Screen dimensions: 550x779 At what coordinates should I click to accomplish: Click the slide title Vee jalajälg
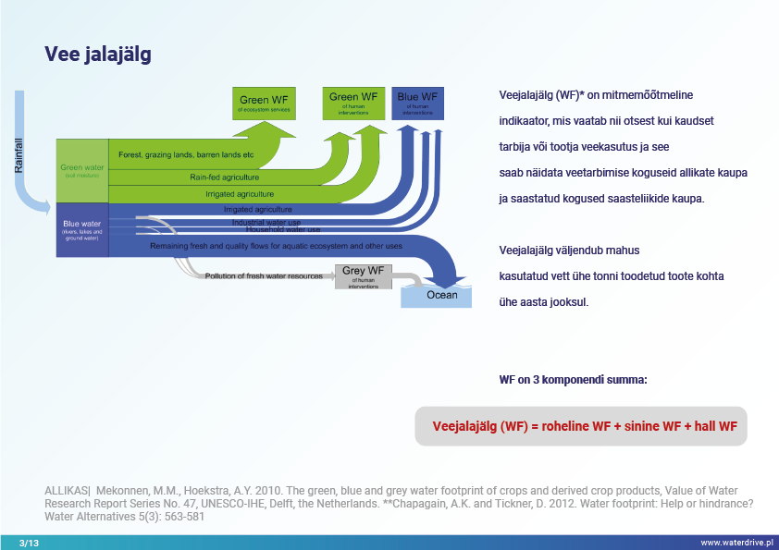[x=98, y=55]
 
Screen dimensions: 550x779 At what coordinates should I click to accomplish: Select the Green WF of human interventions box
[x=354, y=102]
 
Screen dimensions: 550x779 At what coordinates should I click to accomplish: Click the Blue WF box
[x=417, y=102]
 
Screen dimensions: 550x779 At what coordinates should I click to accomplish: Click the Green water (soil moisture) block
[x=81, y=171]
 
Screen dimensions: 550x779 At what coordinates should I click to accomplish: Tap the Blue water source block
[x=81, y=230]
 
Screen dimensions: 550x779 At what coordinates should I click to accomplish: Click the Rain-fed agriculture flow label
[x=225, y=177]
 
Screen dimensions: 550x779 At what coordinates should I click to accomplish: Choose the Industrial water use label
[x=266, y=222]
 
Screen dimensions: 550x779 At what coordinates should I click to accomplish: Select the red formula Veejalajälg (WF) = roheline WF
[x=585, y=426]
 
